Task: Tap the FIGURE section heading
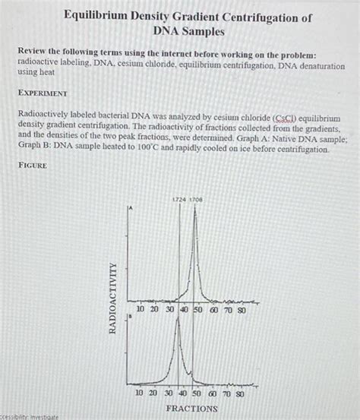(x=34, y=165)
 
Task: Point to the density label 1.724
(x=179, y=199)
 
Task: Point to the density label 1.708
(x=196, y=199)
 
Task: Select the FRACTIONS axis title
(x=191, y=409)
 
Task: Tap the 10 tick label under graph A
(x=141, y=309)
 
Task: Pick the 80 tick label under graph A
(x=241, y=309)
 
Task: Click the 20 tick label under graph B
(x=153, y=395)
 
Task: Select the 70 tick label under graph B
(x=226, y=395)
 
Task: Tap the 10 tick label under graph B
(x=139, y=395)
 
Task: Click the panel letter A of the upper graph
(x=131, y=207)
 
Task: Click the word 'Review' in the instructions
(x=34, y=55)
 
